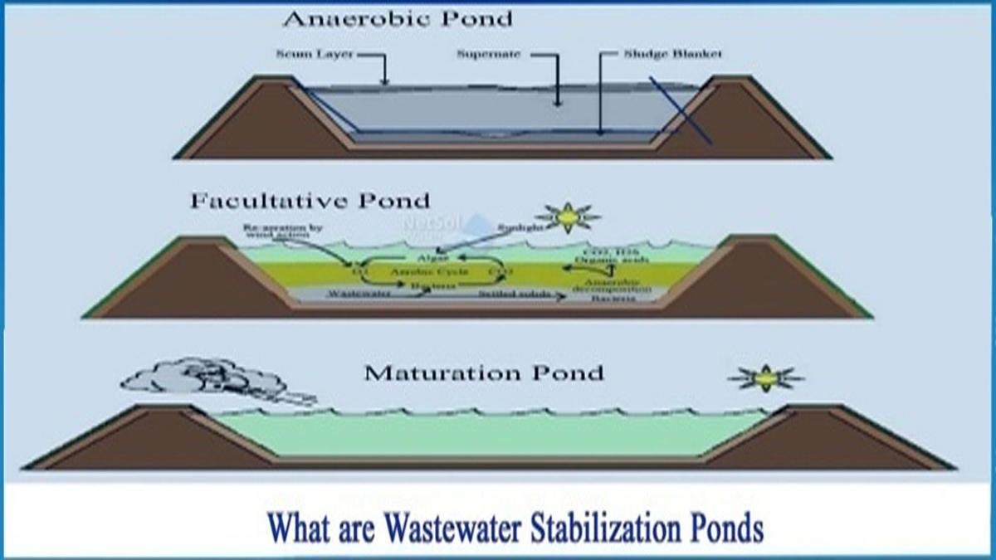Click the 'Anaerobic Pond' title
pyautogui.click(x=398, y=18)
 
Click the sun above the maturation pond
pyautogui.click(x=765, y=378)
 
